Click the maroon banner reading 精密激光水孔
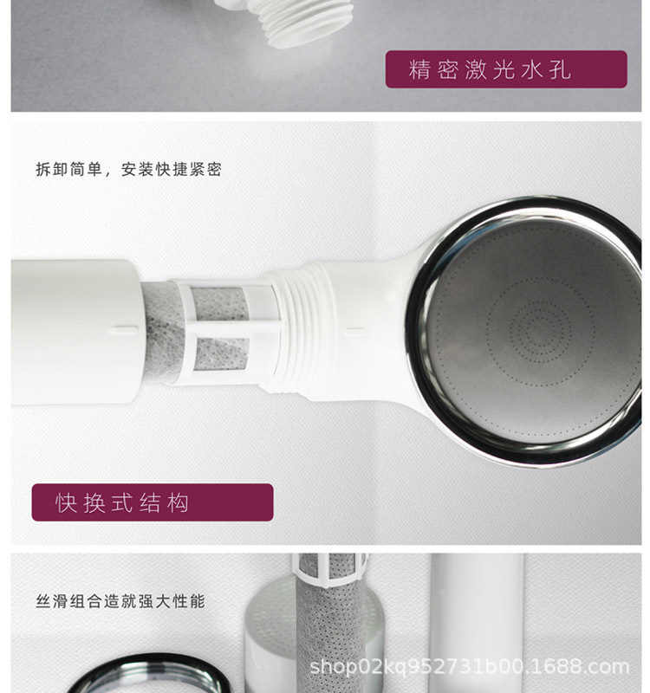tap(506, 69)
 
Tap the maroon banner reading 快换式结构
tap(153, 502)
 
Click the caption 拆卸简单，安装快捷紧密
tap(128, 169)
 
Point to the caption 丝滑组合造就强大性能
tap(120, 601)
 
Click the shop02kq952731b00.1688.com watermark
tap(469, 666)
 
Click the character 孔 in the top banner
tap(560, 70)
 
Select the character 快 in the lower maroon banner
tap(67, 503)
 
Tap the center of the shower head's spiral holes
tap(541, 330)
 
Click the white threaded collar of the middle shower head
tap(302, 331)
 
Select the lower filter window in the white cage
tap(221, 354)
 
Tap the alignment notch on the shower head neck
tap(355, 331)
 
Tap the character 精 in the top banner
tap(419, 70)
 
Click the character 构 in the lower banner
tap(179, 503)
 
